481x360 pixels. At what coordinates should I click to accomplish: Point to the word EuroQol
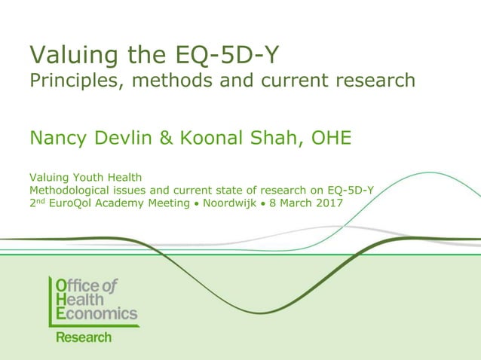(74, 203)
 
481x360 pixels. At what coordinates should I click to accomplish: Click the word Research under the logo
(84, 337)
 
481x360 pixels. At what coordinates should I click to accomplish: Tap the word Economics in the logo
(97, 313)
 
